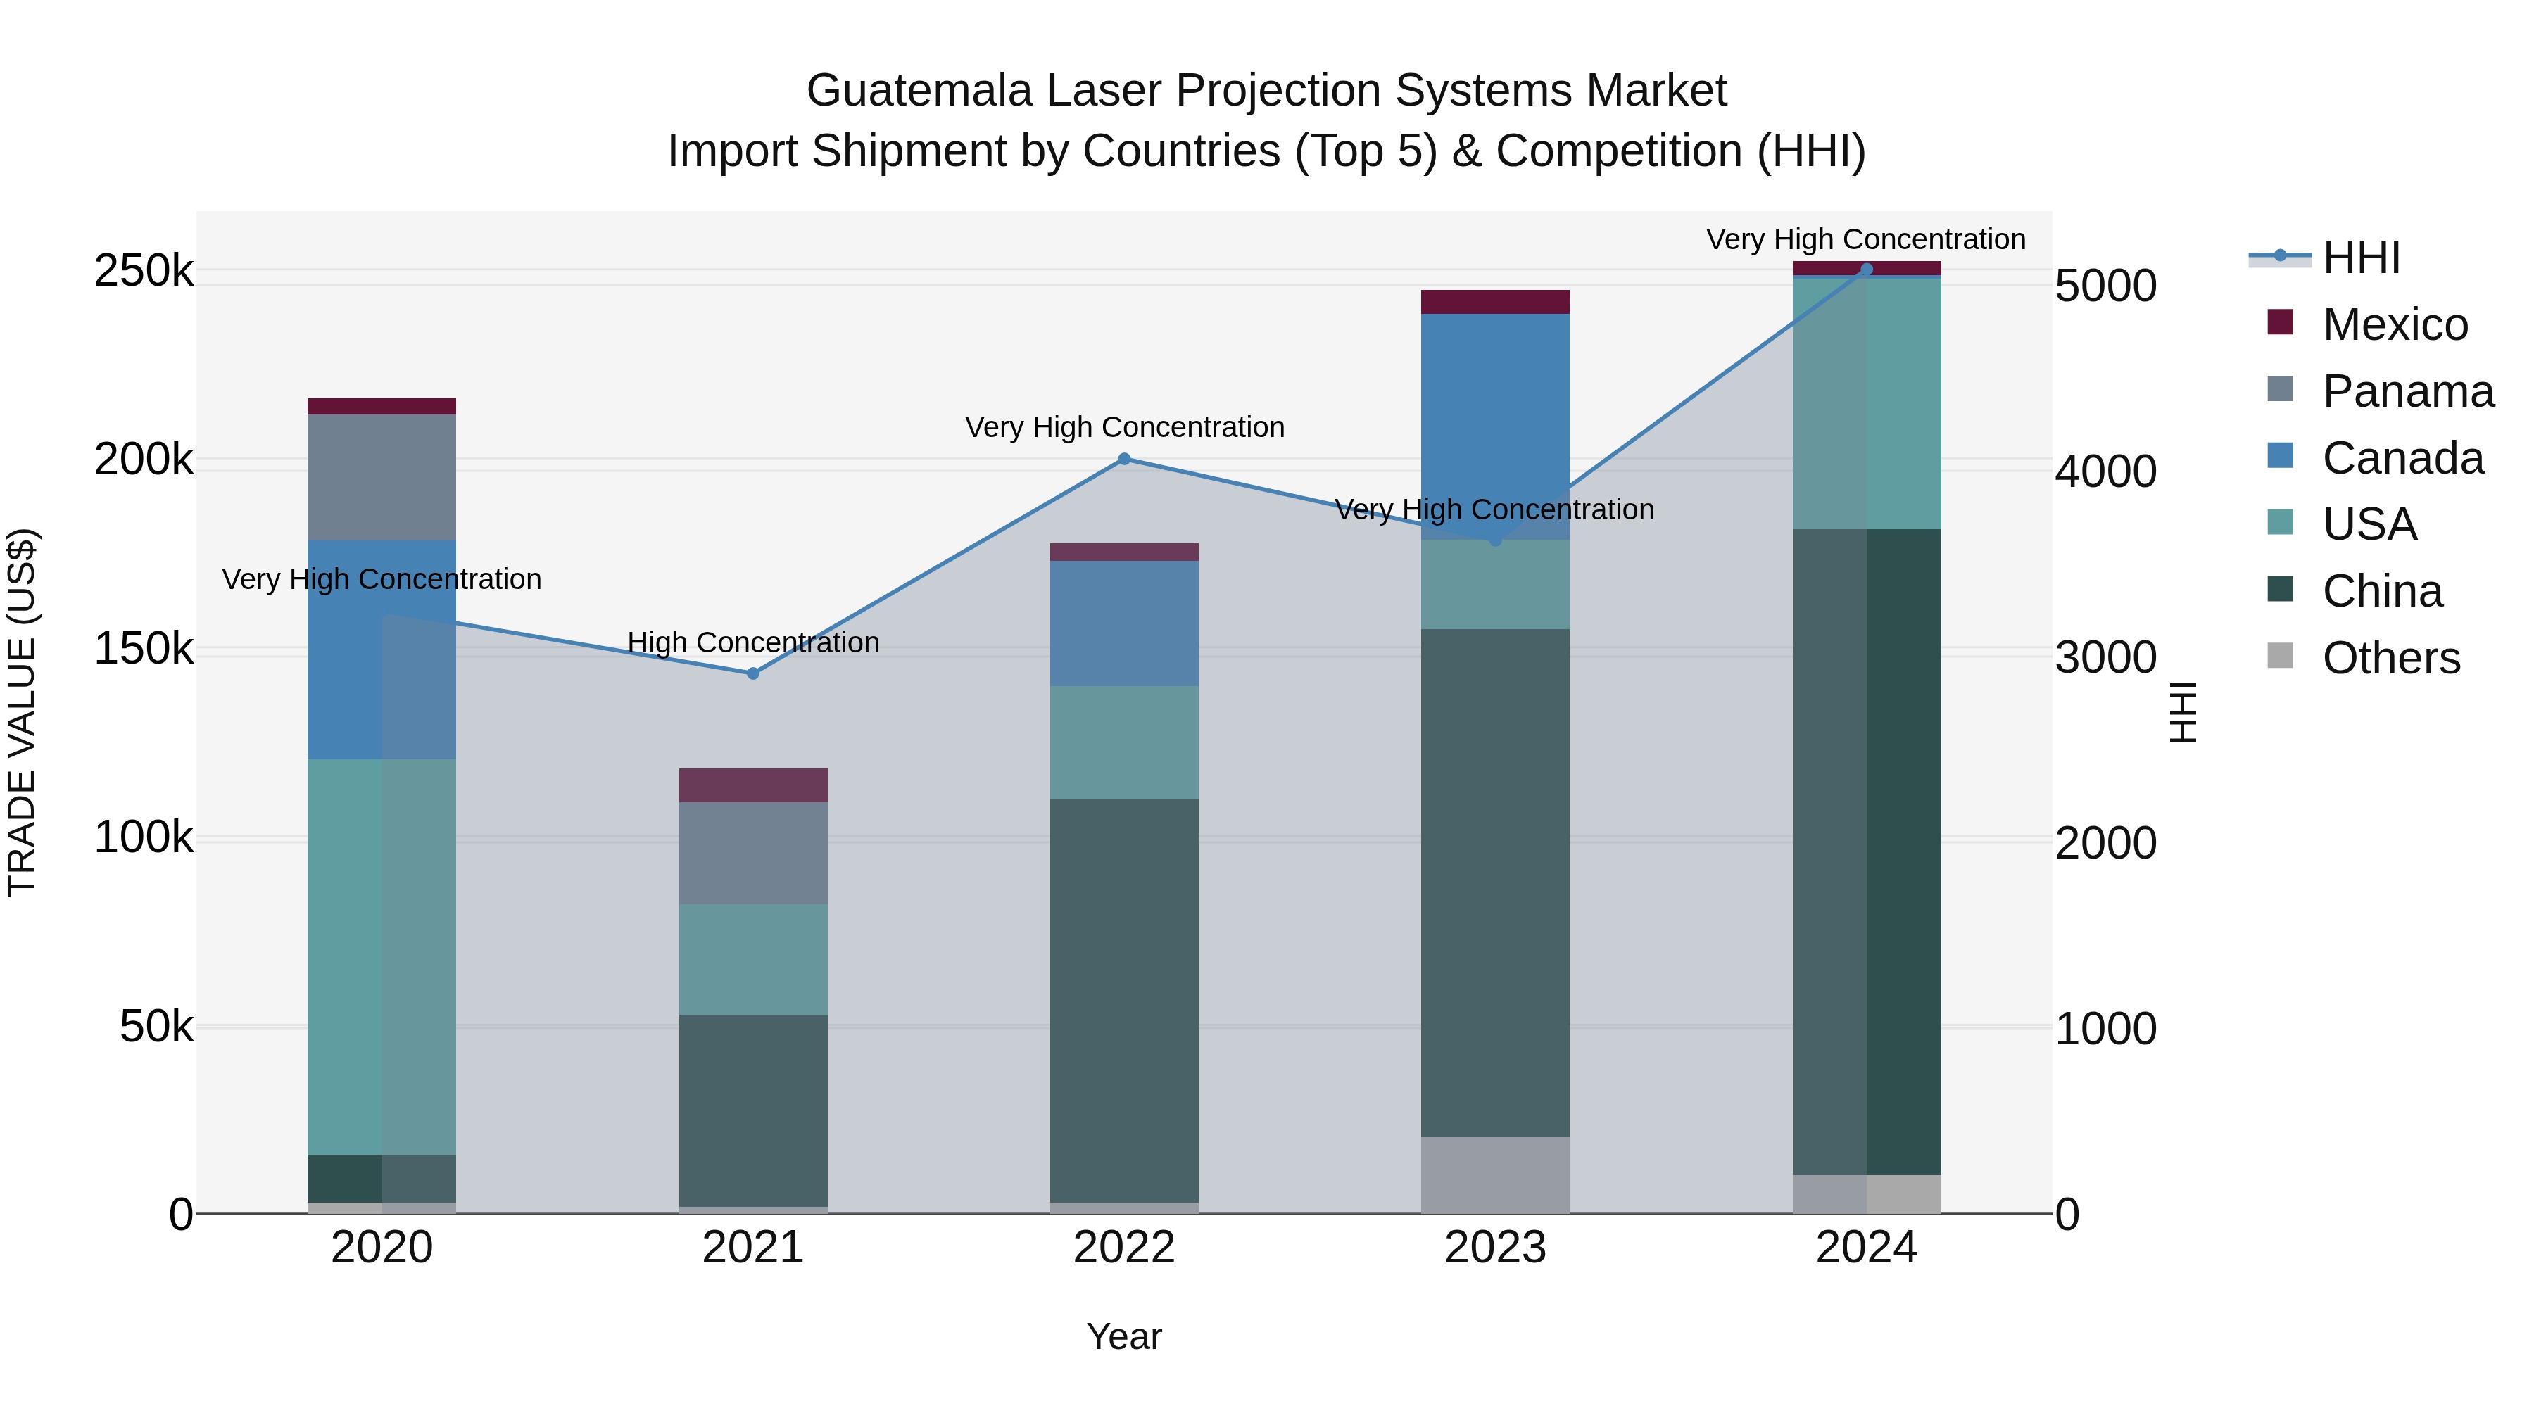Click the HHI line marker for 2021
pos(752,673)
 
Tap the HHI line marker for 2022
pos(1124,460)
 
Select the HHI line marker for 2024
pos(1866,270)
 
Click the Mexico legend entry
pos(2393,324)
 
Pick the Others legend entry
pos(2390,658)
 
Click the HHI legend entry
pos(2361,258)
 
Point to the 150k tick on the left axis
pos(144,649)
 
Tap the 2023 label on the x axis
pos(1495,1247)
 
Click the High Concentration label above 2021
pos(752,642)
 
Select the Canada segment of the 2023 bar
pos(1495,413)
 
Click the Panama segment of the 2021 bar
pos(752,853)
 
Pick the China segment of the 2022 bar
pos(1124,998)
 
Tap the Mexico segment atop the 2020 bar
pos(382,406)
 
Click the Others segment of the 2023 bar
pos(1495,1175)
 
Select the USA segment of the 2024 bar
pos(1866,403)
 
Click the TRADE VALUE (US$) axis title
pos(22,712)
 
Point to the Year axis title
pos(1123,1336)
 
